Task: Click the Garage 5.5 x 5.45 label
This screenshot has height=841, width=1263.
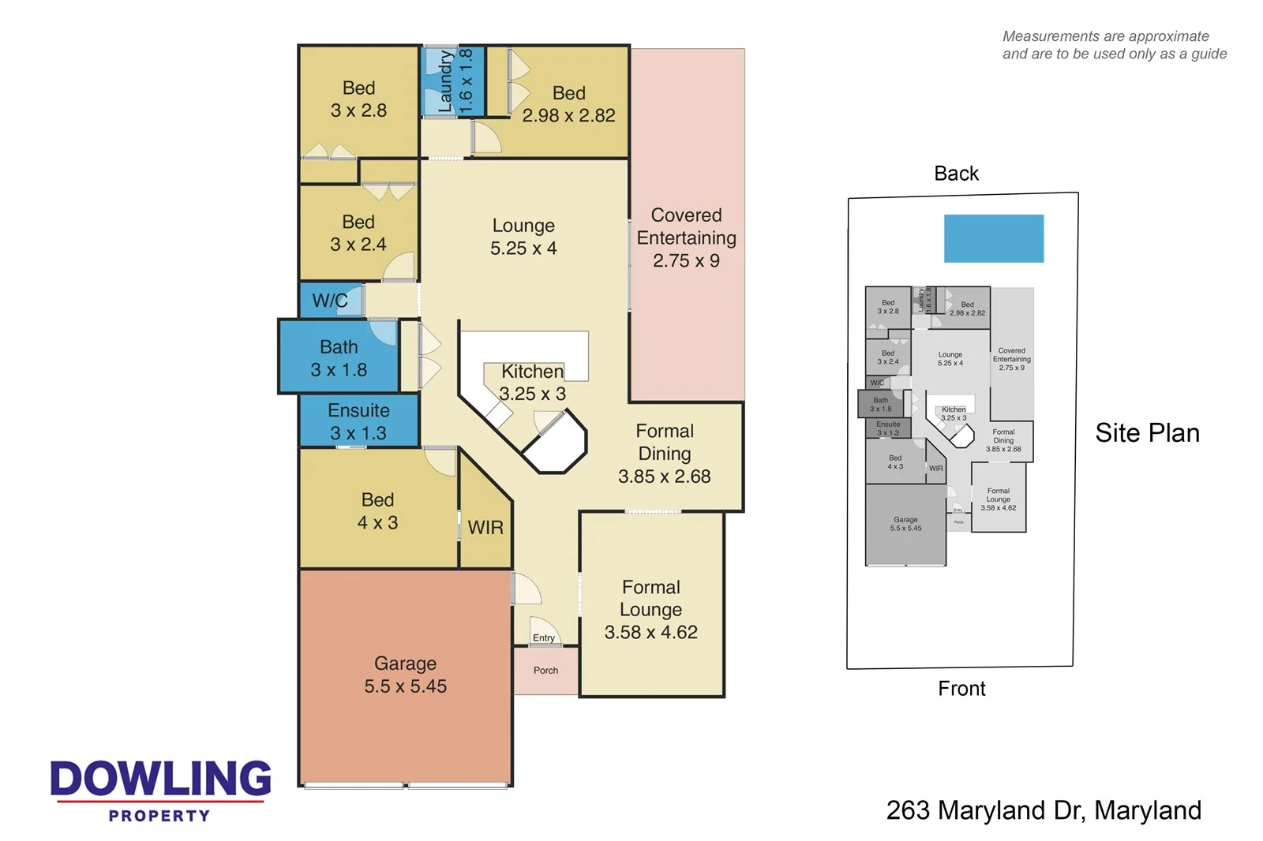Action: pos(405,675)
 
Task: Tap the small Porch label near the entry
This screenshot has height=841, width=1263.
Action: pos(545,671)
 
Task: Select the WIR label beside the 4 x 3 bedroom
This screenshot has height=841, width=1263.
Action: pos(485,528)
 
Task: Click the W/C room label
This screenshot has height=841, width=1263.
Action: pos(330,301)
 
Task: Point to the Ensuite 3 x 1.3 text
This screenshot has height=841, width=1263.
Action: pos(358,422)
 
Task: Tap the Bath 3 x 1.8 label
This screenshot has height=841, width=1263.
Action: pos(339,359)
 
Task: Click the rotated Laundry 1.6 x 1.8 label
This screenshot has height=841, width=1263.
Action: pos(455,80)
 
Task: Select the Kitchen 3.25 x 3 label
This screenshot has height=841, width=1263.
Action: pos(533,383)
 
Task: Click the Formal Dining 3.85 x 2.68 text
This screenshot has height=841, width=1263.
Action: pos(665,454)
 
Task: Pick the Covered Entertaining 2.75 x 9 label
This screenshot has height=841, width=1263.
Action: pos(686,238)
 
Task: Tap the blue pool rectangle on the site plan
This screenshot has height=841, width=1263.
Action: pos(994,238)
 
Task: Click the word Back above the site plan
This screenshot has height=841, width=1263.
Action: pos(956,174)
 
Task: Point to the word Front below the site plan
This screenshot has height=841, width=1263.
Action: pos(961,689)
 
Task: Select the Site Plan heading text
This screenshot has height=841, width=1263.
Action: pos(1147,433)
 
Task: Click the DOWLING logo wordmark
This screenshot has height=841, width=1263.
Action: pos(160,779)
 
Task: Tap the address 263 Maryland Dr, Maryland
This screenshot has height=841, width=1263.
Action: pos(1044,810)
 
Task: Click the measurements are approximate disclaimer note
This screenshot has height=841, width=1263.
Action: pos(1114,45)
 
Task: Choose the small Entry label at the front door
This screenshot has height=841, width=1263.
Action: pos(544,637)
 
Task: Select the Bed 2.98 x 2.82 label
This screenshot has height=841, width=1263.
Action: pos(568,104)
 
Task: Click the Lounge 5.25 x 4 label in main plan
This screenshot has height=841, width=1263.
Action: pos(523,237)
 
